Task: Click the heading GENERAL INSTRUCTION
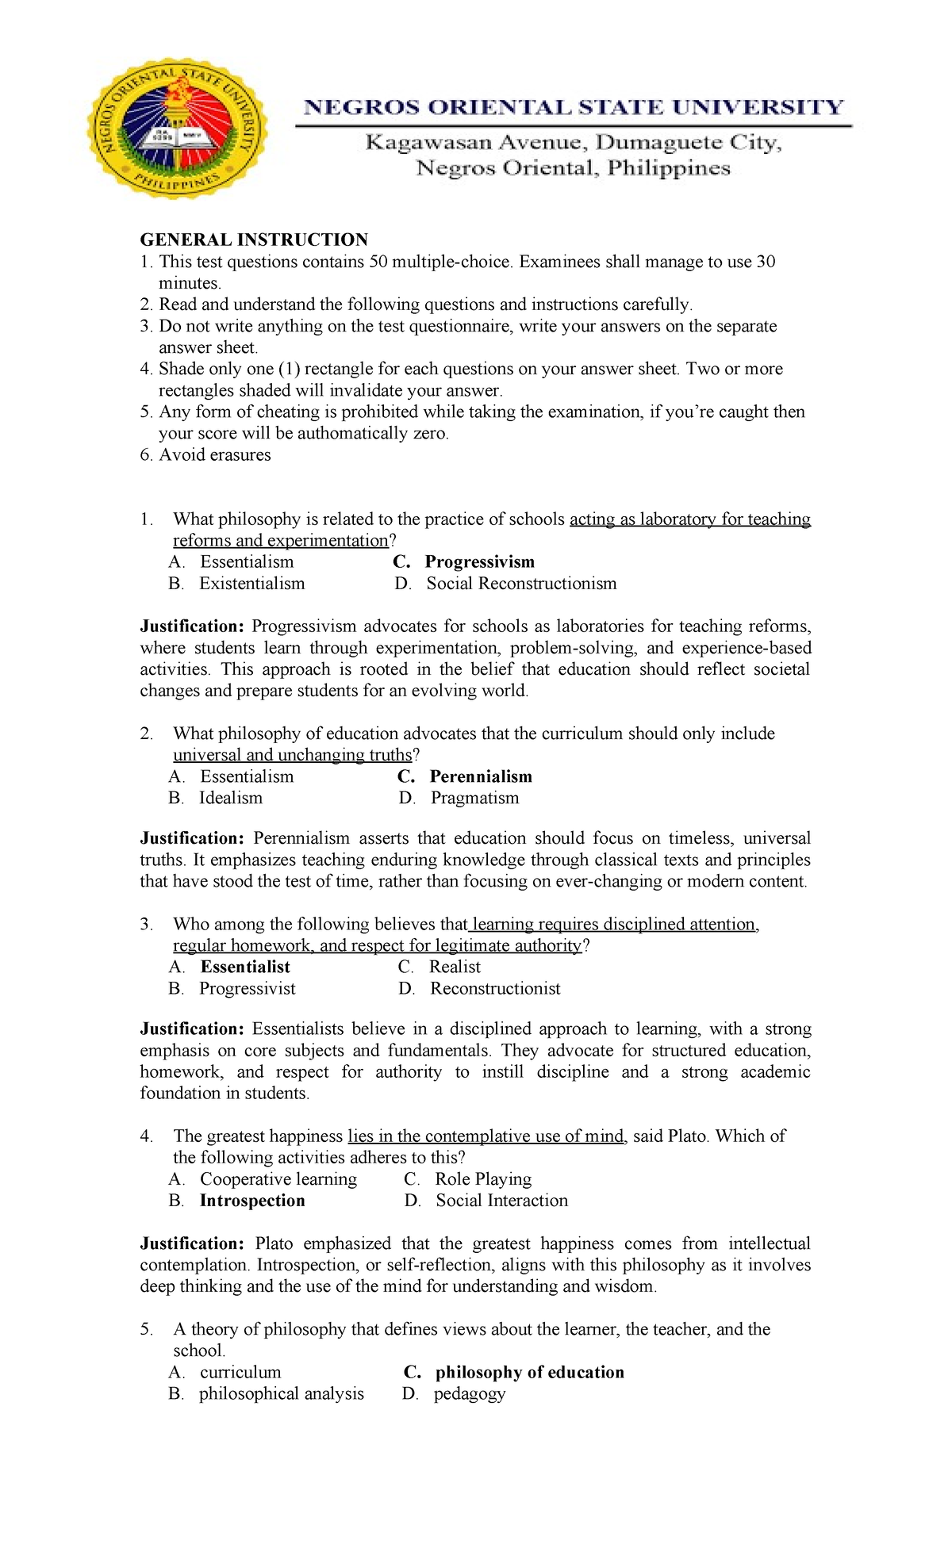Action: tap(254, 239)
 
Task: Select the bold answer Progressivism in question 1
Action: tap(479, 562)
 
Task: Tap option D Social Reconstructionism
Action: tap(520, 584)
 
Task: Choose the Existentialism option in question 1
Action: tap(251, 584)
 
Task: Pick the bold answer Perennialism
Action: tap(481, 777)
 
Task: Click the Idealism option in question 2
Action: tap(230, 799)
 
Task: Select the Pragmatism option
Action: tap(474, 799)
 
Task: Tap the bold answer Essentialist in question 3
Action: tap(245, 967)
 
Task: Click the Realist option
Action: tap(455, 967)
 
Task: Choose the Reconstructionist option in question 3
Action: tap(495, 989)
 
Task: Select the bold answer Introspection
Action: tap(252, 1201)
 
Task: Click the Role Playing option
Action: tap(483, 1180)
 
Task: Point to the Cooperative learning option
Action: tap(278, 1180)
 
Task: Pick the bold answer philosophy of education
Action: tap(529, 1373)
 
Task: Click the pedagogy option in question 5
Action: tap(469, 1394)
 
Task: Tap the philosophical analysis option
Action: tap(282, 1394)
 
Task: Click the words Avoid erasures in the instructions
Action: tap(215, 455)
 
